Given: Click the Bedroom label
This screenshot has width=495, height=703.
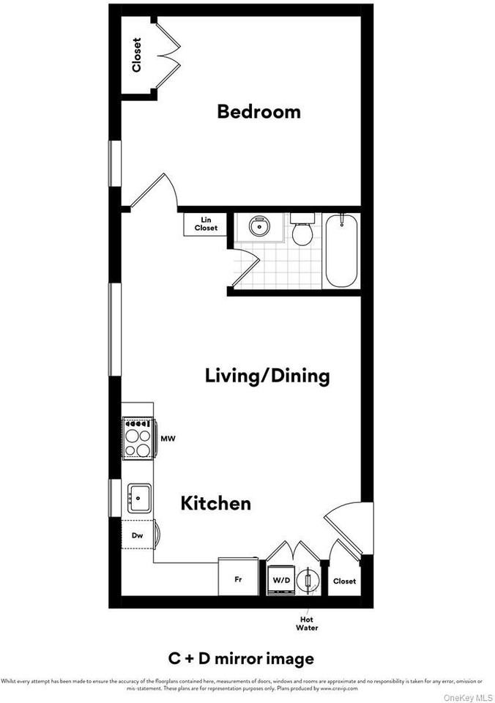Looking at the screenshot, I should (259, 112).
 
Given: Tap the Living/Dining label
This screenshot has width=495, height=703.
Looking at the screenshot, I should (267, 376).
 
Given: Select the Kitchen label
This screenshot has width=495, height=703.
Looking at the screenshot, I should (215, 504).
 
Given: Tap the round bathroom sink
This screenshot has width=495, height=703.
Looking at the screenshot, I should (258, 226).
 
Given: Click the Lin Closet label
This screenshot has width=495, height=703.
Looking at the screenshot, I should (206, 224).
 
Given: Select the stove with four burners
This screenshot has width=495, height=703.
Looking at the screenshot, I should (138, 438).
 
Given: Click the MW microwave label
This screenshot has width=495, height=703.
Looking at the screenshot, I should (167, 439).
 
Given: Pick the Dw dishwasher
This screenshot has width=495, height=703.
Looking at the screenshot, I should (137, 536).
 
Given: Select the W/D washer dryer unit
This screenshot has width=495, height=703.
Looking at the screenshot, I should (280, 580).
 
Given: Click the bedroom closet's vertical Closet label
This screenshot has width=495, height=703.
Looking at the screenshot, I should (137, 55).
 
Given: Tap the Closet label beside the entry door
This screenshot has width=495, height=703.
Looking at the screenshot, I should (344, 581).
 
